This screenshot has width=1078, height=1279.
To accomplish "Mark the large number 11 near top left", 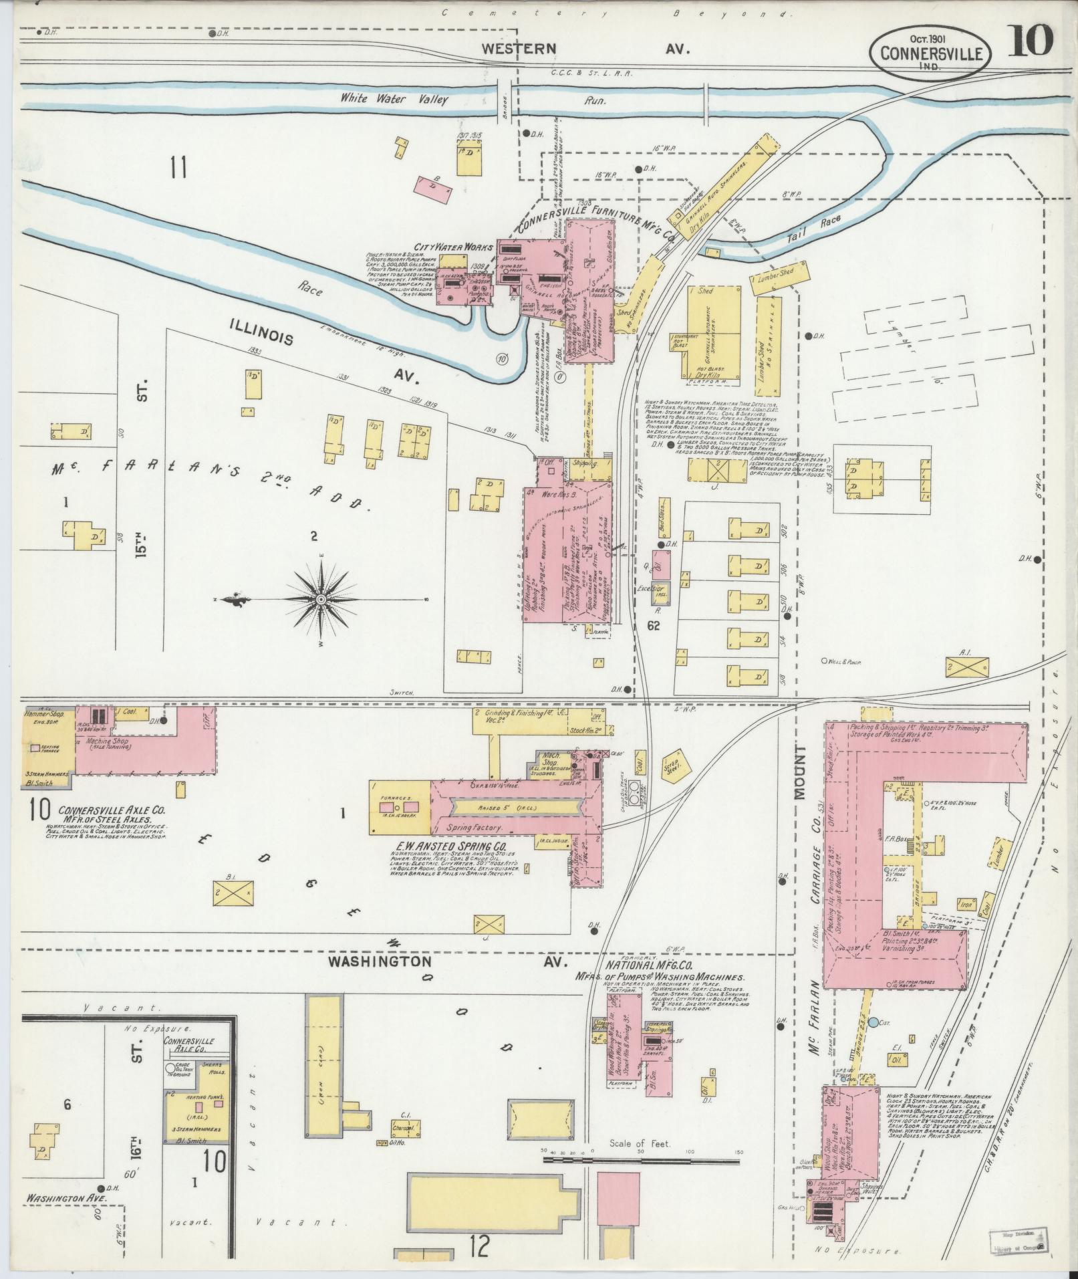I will coord(177,168).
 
